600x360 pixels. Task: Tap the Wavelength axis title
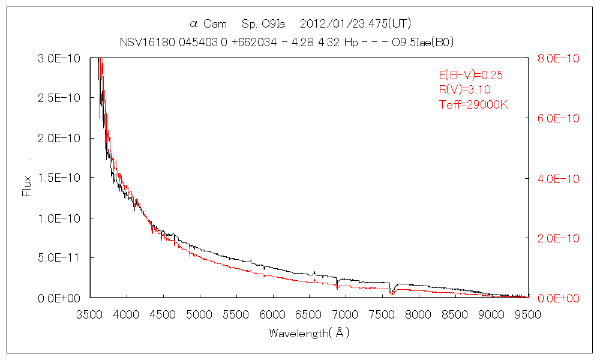click(x=309, y=333)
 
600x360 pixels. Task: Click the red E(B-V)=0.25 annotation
click(x=470, y=75)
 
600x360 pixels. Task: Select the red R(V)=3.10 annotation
click(x=465, y=89)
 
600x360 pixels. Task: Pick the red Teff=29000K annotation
click(x=473, y=104)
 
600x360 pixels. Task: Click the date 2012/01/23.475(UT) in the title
click(x=355, y=24)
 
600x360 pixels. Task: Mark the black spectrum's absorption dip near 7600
click(x=392, y=291)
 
